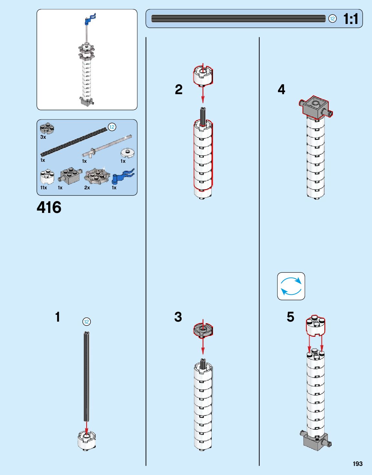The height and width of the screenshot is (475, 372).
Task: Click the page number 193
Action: [x=357, y=464]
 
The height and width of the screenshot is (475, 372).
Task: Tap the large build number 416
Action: [x=49, y=207]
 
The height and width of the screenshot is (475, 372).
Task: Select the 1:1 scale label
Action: [x=351, y=19]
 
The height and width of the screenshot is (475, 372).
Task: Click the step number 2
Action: [x=179, y=90]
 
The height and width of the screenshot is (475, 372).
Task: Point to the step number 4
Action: [x=282, y=90]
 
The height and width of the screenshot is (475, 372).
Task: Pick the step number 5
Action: [x=291, y=317]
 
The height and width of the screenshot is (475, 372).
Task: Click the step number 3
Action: [x=178, y=317]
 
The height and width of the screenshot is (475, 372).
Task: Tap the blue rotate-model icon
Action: [x=291, y=286]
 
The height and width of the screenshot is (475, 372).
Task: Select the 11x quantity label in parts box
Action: [x=44, y=188]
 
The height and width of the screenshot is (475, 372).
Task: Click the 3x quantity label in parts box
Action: [x=43, y=137]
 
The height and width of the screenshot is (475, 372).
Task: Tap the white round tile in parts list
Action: [x=128, y=153]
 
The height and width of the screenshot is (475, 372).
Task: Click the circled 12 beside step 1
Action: [x=86, y=322]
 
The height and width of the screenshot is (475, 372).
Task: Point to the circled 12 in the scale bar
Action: [x=332, y=19]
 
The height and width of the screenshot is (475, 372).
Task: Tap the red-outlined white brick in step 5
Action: [x=315, y=326]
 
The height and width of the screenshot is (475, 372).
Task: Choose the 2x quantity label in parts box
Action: [x=87, y=188]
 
